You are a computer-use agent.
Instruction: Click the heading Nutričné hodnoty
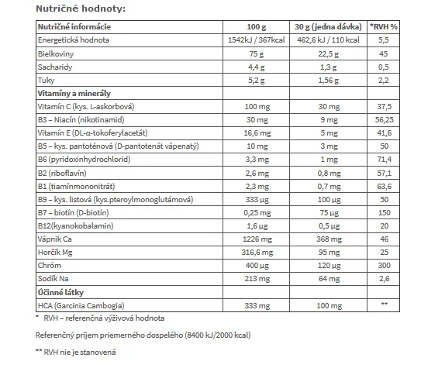pos(81,9)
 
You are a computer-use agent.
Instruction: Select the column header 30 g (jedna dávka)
pos(328,27)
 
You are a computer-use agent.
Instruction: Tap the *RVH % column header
pos(384,27)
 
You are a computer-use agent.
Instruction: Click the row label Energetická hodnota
pos(74,40)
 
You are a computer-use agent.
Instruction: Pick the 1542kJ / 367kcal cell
pos(256,40)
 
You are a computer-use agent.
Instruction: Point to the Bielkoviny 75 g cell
pos(257,54)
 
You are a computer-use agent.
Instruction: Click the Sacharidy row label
pos(55,67)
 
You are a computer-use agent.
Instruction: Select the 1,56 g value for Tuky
pos(329,81)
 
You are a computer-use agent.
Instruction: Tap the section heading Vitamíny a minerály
pos(74,93)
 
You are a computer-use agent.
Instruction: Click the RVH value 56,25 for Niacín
pos(385,119)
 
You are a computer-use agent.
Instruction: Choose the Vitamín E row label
pos(92,133)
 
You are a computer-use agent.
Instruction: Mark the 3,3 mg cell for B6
pos(257,160)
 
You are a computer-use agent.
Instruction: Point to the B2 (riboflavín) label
pos(62,173)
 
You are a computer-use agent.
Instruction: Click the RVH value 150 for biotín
pos(385,213)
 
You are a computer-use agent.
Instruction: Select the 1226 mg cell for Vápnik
pos(257,239)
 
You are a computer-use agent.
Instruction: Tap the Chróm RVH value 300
pos(385,265)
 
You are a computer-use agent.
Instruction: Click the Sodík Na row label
pos(53,279)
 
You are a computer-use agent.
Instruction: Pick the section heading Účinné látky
pos(60,292)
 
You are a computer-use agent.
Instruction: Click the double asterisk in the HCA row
pos(385,304)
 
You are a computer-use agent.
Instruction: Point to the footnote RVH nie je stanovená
pos(80,353)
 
